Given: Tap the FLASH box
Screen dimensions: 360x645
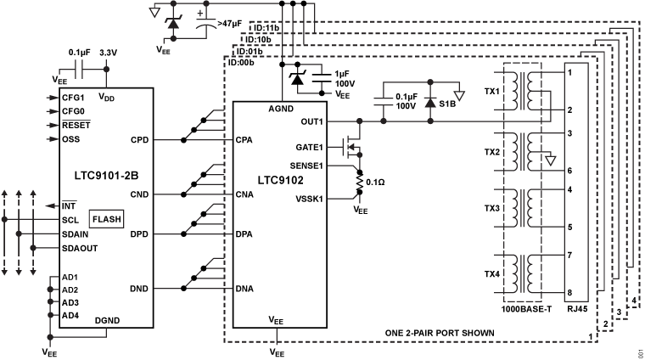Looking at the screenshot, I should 106,219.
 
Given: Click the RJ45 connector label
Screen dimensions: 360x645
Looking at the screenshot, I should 577,307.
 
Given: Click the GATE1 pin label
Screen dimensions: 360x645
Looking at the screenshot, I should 310,147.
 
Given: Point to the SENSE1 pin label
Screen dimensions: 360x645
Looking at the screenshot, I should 306,166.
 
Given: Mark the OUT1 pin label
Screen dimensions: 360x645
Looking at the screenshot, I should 312,121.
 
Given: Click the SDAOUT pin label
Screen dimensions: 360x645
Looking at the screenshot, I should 79,247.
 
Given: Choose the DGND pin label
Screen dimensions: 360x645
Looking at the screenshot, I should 108,320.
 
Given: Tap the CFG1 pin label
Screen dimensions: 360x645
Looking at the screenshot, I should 73,98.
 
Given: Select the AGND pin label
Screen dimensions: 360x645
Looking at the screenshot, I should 281,108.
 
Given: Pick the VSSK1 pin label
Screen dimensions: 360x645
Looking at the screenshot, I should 308,198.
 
